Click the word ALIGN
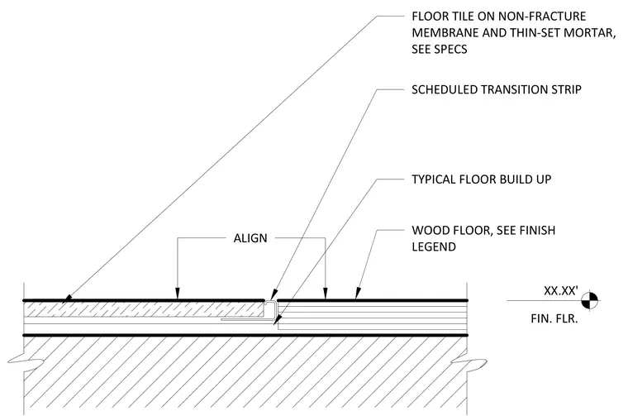(250, 238)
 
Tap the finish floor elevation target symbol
(589, 300)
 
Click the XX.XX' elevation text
(561, 290)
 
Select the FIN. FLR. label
(554, 318)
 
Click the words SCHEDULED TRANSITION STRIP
(497, 89)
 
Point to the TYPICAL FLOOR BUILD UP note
(482, 179)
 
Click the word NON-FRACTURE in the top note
(542, 17)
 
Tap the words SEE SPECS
(440, 50)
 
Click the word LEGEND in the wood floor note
(434, 246)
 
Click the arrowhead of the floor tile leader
(68, 299)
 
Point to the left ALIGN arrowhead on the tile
(178, 294)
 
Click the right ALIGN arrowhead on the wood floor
(326, 294)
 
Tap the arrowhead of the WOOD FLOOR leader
(357, 294)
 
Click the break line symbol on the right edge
(468, 364)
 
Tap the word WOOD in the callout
(430, 231)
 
